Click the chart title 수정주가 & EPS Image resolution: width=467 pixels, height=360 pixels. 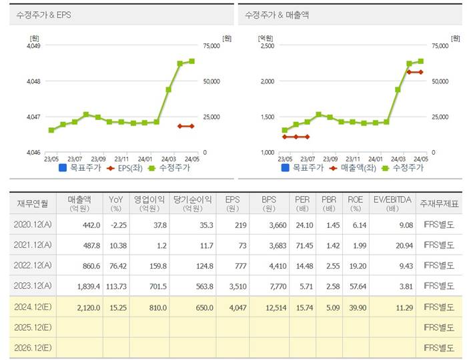click(43, 14)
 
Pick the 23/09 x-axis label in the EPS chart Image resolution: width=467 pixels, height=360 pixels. click(98, 159)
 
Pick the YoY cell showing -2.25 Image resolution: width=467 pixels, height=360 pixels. click(116, 226)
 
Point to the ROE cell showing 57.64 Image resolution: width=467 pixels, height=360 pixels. click(358, 287)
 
